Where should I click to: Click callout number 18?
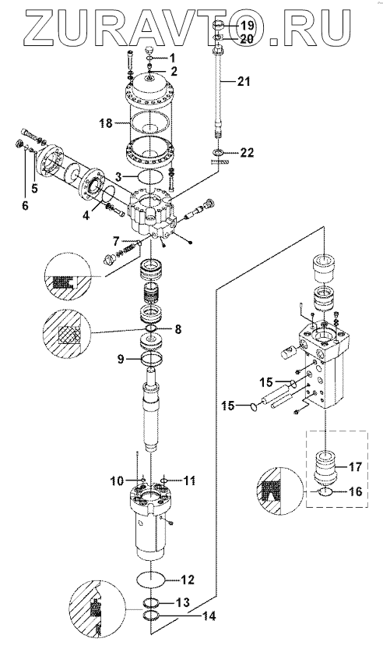(107, 123)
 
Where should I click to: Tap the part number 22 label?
(247, 153)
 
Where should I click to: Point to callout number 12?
(187, 580)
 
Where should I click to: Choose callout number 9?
(121, 360)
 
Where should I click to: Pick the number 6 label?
(25, 206)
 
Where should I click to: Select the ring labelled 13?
(152, 603)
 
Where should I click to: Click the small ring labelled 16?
(325, 492)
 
